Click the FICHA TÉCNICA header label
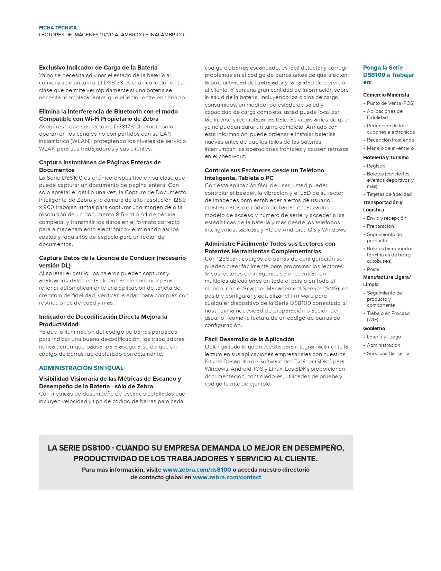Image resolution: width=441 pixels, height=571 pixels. [x=58, y=28]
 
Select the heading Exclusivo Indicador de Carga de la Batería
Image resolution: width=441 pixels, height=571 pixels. [x=98, y=67]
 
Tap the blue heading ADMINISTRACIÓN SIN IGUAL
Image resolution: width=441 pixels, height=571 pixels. [x=81, y=368]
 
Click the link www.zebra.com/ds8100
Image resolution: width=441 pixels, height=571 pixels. [x=197, y=470]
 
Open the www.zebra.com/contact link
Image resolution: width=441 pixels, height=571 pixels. [x=227, y=477]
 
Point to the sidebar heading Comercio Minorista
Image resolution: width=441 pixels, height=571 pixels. [x=386, y=95]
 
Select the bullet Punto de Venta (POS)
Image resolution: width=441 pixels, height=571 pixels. [x=391, y=103]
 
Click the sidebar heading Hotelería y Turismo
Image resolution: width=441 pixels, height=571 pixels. [x=386, y=157]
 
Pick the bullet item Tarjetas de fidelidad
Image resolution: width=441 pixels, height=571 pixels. [x=389, y=194]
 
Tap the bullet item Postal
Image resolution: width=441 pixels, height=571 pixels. [x=374, y=269]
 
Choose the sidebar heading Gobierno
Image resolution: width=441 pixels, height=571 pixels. [x=374, y=328]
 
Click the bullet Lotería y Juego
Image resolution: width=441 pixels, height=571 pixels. [x=384, y=337]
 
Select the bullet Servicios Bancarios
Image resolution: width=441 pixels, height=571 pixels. [x=388, y=353]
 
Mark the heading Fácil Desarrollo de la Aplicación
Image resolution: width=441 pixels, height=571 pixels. [x=249, y=339]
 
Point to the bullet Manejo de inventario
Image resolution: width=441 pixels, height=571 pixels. [x=390, y=148]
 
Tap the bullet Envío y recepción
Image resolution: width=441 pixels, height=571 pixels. [x=386, y=218]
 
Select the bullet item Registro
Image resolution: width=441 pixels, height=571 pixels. [x=376, y=166]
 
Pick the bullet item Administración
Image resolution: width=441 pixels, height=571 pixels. [x=383, y=345]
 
